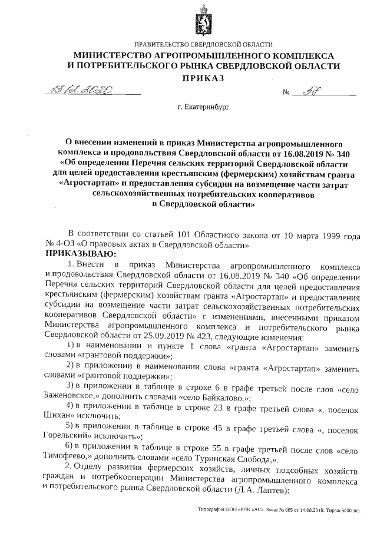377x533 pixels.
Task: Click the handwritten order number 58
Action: click(x=310, y=91)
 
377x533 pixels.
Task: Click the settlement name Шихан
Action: click(x=57, y=416)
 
